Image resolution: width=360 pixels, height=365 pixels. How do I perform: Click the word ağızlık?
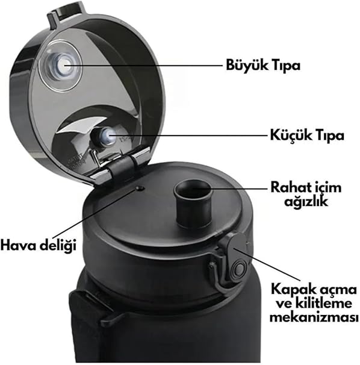click(306, 202)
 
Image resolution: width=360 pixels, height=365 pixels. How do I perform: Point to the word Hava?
click(18, 246)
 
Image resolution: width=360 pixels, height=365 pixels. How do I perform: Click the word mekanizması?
click(314, 317)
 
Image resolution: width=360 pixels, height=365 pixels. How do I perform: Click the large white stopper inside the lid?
click(61, 66)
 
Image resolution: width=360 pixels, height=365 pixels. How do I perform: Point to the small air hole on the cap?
click(140, 188)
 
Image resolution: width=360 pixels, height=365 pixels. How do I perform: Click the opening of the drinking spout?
click(193, 190)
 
